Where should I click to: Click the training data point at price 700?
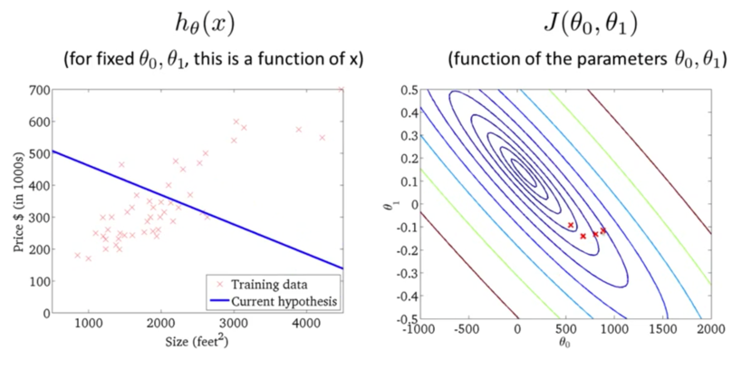341,90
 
